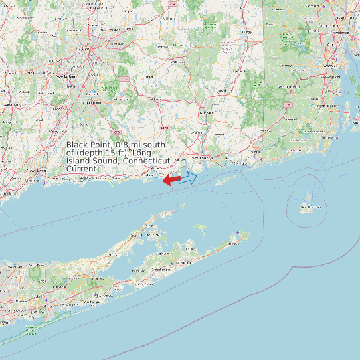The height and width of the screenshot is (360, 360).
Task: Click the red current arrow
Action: pyautogui.click(x=171, y=180)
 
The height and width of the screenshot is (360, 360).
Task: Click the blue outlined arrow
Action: pyautogui.click(x=188, y=178)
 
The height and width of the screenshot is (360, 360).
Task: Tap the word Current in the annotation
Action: pyautogui.click(x=81, y=169)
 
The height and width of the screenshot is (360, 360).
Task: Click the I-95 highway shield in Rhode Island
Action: pyautogui.click(x=288, y=105)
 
